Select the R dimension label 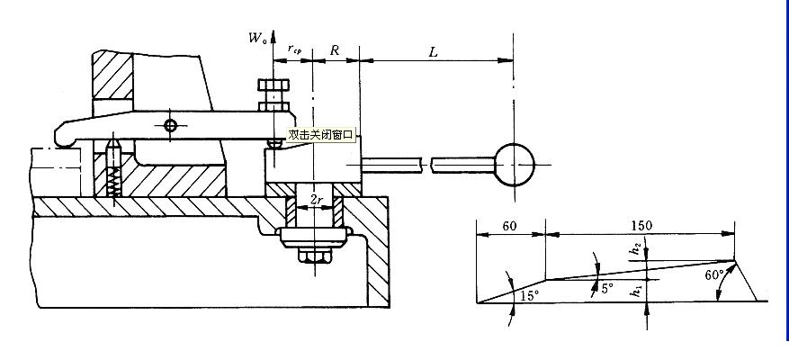coord(335,51)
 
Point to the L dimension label coord(434,52)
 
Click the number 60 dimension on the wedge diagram coord(509,225)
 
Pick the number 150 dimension coord(641,225)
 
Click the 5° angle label coord(607,289)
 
